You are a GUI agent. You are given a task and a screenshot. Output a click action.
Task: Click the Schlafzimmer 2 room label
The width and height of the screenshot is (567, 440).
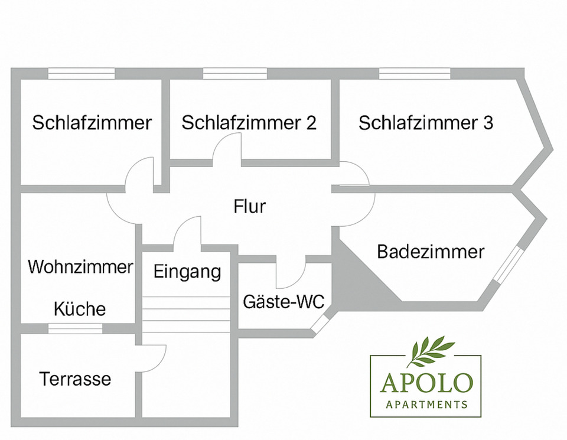[x=249, y=123]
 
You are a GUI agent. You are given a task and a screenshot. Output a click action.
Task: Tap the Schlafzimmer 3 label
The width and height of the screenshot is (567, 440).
[x=426, y=123]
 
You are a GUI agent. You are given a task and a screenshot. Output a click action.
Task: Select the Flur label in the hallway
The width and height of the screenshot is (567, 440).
[x=250, y=207]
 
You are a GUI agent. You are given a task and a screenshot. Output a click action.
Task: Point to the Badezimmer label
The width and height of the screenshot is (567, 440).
[x=431, y=252]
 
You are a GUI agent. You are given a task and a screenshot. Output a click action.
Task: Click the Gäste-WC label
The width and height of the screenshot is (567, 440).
[x=283, y=302]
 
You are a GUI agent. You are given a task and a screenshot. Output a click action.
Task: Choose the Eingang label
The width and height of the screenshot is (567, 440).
[x=187, y=272]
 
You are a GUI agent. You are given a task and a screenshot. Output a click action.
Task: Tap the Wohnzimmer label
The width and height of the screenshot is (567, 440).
[x=80, y=267]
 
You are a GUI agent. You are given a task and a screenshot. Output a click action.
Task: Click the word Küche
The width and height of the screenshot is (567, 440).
[x=80, y=309]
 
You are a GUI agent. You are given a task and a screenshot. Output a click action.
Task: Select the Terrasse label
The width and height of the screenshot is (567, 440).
[x=75, y=379]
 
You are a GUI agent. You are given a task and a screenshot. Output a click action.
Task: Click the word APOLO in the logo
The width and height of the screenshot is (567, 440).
[x=426, y=383]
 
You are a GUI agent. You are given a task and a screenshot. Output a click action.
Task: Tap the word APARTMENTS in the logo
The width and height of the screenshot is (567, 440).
[x=426, y=405]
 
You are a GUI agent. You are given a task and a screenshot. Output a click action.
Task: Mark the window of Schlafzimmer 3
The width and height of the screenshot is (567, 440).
[x=414, y=74]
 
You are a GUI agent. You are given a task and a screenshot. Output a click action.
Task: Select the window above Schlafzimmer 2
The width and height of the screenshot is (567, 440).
[x=235, y=74]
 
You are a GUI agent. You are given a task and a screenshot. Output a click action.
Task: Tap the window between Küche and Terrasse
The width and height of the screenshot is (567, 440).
[x=75, y=329]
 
